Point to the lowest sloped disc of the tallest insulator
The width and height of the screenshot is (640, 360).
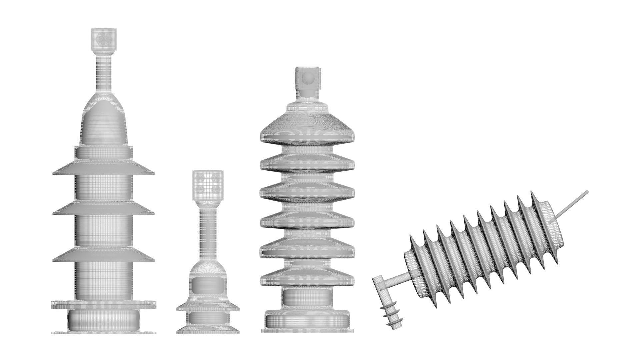point(104,255)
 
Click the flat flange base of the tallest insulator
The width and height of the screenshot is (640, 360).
point(104,304)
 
